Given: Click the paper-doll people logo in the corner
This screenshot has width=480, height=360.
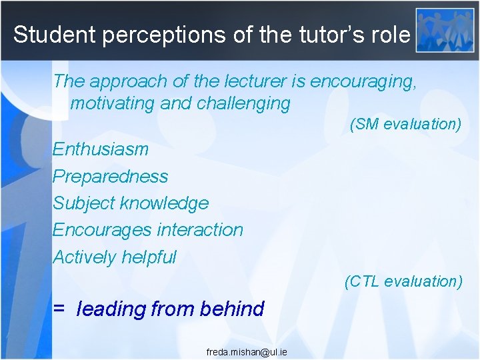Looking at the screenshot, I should point(444,29).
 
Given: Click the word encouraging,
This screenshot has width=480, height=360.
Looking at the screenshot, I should point(364,81).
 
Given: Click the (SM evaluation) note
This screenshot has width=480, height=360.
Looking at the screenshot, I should point(405,124).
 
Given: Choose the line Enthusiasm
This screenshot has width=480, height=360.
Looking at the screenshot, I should point(101,149).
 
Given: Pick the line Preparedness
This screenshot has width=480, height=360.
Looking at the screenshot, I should point(111,177).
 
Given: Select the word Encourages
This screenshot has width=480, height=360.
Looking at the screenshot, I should point(95,230).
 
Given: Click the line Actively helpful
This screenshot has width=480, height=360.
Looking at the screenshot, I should point(115,257).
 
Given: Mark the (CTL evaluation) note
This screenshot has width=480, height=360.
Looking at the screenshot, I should point(403,281).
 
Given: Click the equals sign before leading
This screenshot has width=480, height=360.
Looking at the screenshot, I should point(59,309).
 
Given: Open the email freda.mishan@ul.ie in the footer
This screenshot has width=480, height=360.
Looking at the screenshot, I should point(247,351).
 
